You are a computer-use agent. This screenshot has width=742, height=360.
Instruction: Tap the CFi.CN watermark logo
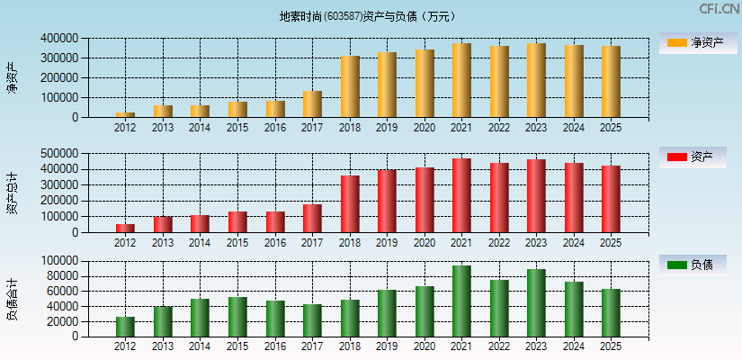point(719,9)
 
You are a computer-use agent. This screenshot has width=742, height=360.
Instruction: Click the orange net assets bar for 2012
point(125,114)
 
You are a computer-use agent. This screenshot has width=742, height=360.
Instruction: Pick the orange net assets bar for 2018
point(350,86)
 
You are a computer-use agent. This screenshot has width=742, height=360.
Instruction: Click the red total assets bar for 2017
point(312,219)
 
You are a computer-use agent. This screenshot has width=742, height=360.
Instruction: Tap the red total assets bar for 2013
point(163,224)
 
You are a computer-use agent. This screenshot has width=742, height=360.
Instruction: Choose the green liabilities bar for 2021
point(461,301)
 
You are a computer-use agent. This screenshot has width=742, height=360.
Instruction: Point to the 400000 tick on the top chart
point(58,39)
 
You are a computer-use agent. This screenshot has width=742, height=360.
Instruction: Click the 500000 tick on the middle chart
point(58,153)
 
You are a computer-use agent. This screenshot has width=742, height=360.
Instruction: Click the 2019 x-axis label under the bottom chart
point(387,346)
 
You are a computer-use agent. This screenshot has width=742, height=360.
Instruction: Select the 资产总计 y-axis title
point(12,193)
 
